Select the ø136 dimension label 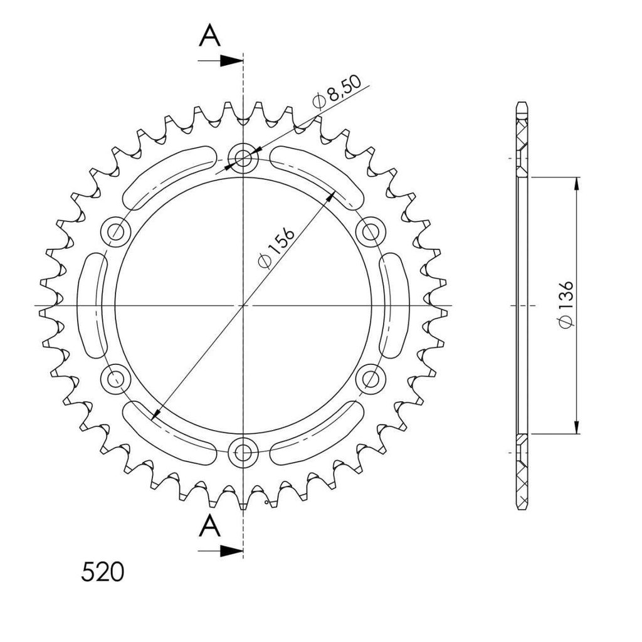566,304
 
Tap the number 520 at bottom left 102,572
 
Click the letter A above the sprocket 209,35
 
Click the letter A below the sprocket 209,525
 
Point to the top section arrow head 231,61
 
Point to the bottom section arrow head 231,550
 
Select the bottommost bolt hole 243,453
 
